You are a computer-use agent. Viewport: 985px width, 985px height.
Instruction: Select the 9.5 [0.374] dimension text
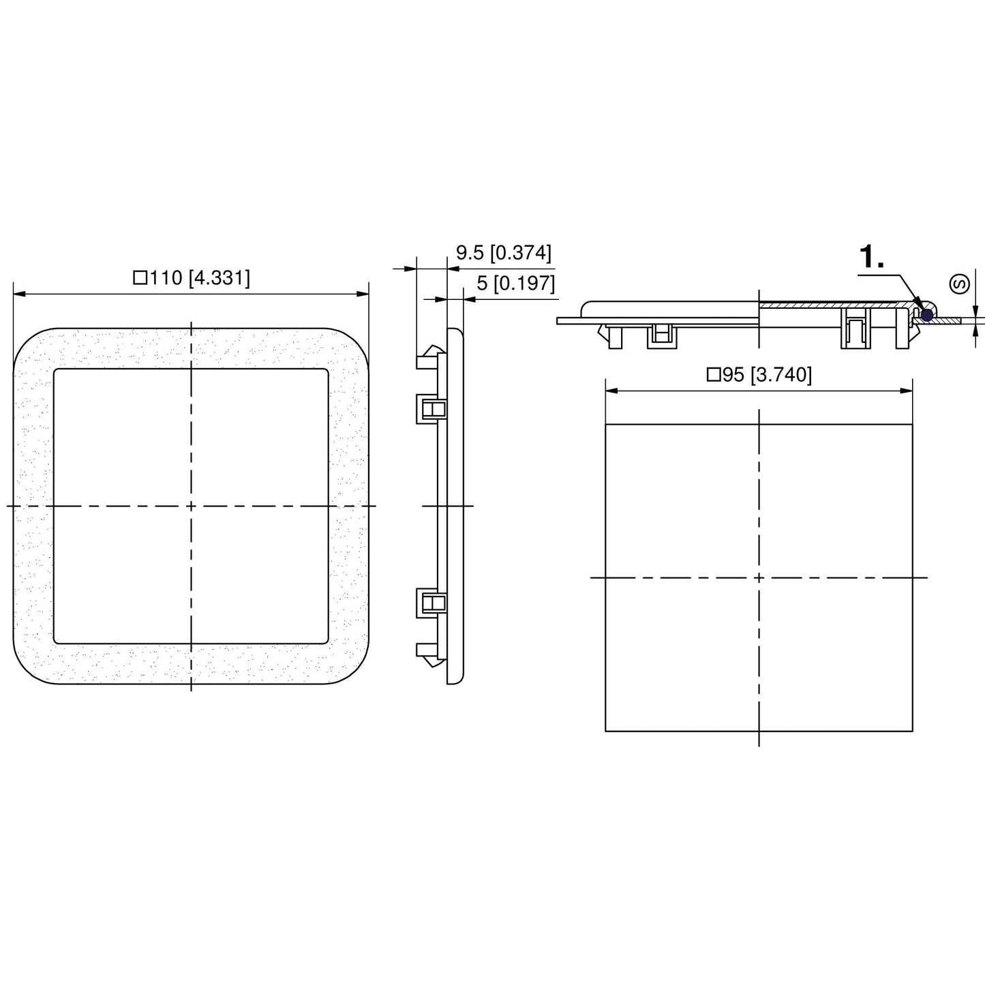(503, 253)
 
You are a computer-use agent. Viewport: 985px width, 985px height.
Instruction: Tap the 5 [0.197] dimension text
(515, 283)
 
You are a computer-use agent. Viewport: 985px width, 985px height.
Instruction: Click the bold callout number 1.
(872, 258)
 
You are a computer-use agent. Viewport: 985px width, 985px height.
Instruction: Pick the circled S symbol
(960, 284)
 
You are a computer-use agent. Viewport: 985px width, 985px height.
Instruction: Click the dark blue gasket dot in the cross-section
(926, 315)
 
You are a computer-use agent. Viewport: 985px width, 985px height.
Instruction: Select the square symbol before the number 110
(140, 278)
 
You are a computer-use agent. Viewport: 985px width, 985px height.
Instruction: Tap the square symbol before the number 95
(714, 375)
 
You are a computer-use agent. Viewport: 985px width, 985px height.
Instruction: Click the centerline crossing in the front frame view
(191, 506)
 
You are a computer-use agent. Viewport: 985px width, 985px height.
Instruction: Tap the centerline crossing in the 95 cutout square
(759, 577)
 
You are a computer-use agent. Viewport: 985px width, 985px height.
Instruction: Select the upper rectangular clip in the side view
(431, 409)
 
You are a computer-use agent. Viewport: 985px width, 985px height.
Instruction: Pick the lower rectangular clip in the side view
(431, 603)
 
